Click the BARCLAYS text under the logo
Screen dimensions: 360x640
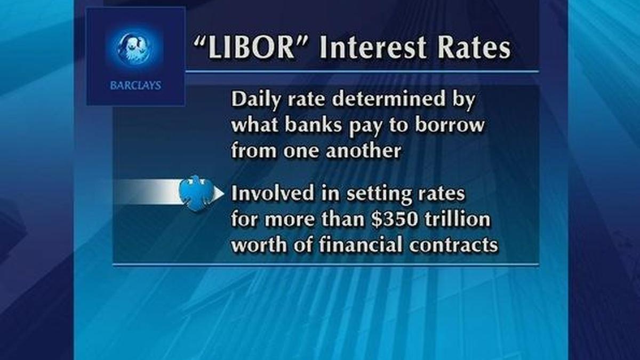tap(136, 85)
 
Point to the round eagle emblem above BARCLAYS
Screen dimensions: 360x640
tap(136, 47)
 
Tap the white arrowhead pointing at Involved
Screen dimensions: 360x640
tap(219, 193)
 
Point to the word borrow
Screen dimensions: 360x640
tap(450, 126)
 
